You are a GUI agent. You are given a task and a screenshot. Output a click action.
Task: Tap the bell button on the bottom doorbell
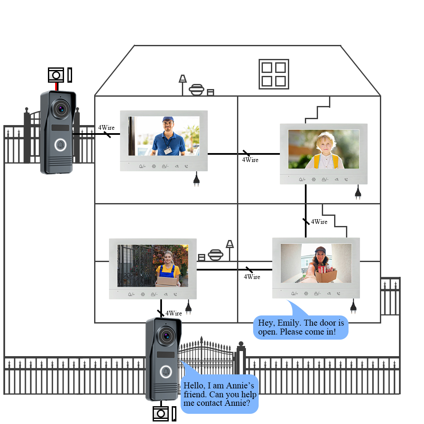165,372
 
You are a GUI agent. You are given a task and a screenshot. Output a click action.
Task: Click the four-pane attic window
273,74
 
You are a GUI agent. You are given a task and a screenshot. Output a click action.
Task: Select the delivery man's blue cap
168,120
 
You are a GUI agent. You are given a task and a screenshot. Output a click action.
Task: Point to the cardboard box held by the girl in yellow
167,281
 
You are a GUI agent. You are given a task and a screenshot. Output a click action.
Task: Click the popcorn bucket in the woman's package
323,269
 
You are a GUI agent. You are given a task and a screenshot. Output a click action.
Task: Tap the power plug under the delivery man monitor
196,180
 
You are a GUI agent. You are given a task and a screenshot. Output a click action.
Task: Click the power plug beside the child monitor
358,193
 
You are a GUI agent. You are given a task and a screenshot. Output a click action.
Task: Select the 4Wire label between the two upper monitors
250,160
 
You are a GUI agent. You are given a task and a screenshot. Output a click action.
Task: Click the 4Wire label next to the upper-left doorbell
106,128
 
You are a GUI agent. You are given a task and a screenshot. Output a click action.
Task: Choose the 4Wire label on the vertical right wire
319,222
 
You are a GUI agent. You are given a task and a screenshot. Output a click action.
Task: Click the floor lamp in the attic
183,82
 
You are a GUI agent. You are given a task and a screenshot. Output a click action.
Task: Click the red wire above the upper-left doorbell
56,86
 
